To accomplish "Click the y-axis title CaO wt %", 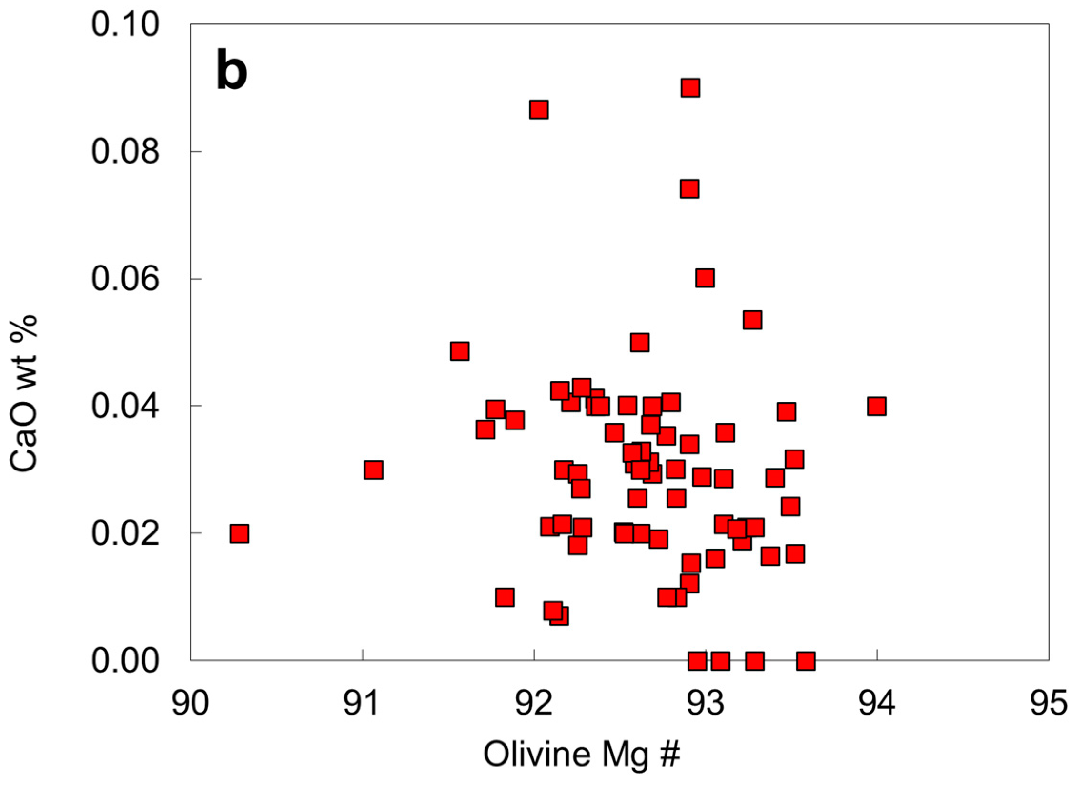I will [24, 394].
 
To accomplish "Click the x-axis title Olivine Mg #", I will [582, 754].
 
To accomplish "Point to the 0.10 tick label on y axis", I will [124, 24].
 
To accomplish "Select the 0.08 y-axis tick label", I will [124, 152].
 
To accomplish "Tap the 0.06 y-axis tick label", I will [124, 279].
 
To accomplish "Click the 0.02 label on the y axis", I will [124, 533].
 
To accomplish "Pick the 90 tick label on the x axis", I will [191, 704].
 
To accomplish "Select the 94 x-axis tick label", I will [877, 704].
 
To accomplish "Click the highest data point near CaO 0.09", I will [690, 88].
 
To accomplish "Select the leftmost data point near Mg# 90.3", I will [239, 533].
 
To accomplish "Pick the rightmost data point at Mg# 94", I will [877, 406].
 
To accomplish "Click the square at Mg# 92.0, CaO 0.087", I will [538, 110].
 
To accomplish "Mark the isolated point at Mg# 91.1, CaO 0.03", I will [374, 470].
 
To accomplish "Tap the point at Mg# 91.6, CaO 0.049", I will [459, 351].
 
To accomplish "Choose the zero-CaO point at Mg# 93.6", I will [806, 662].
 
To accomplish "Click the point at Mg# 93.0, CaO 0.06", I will [705, 278].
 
